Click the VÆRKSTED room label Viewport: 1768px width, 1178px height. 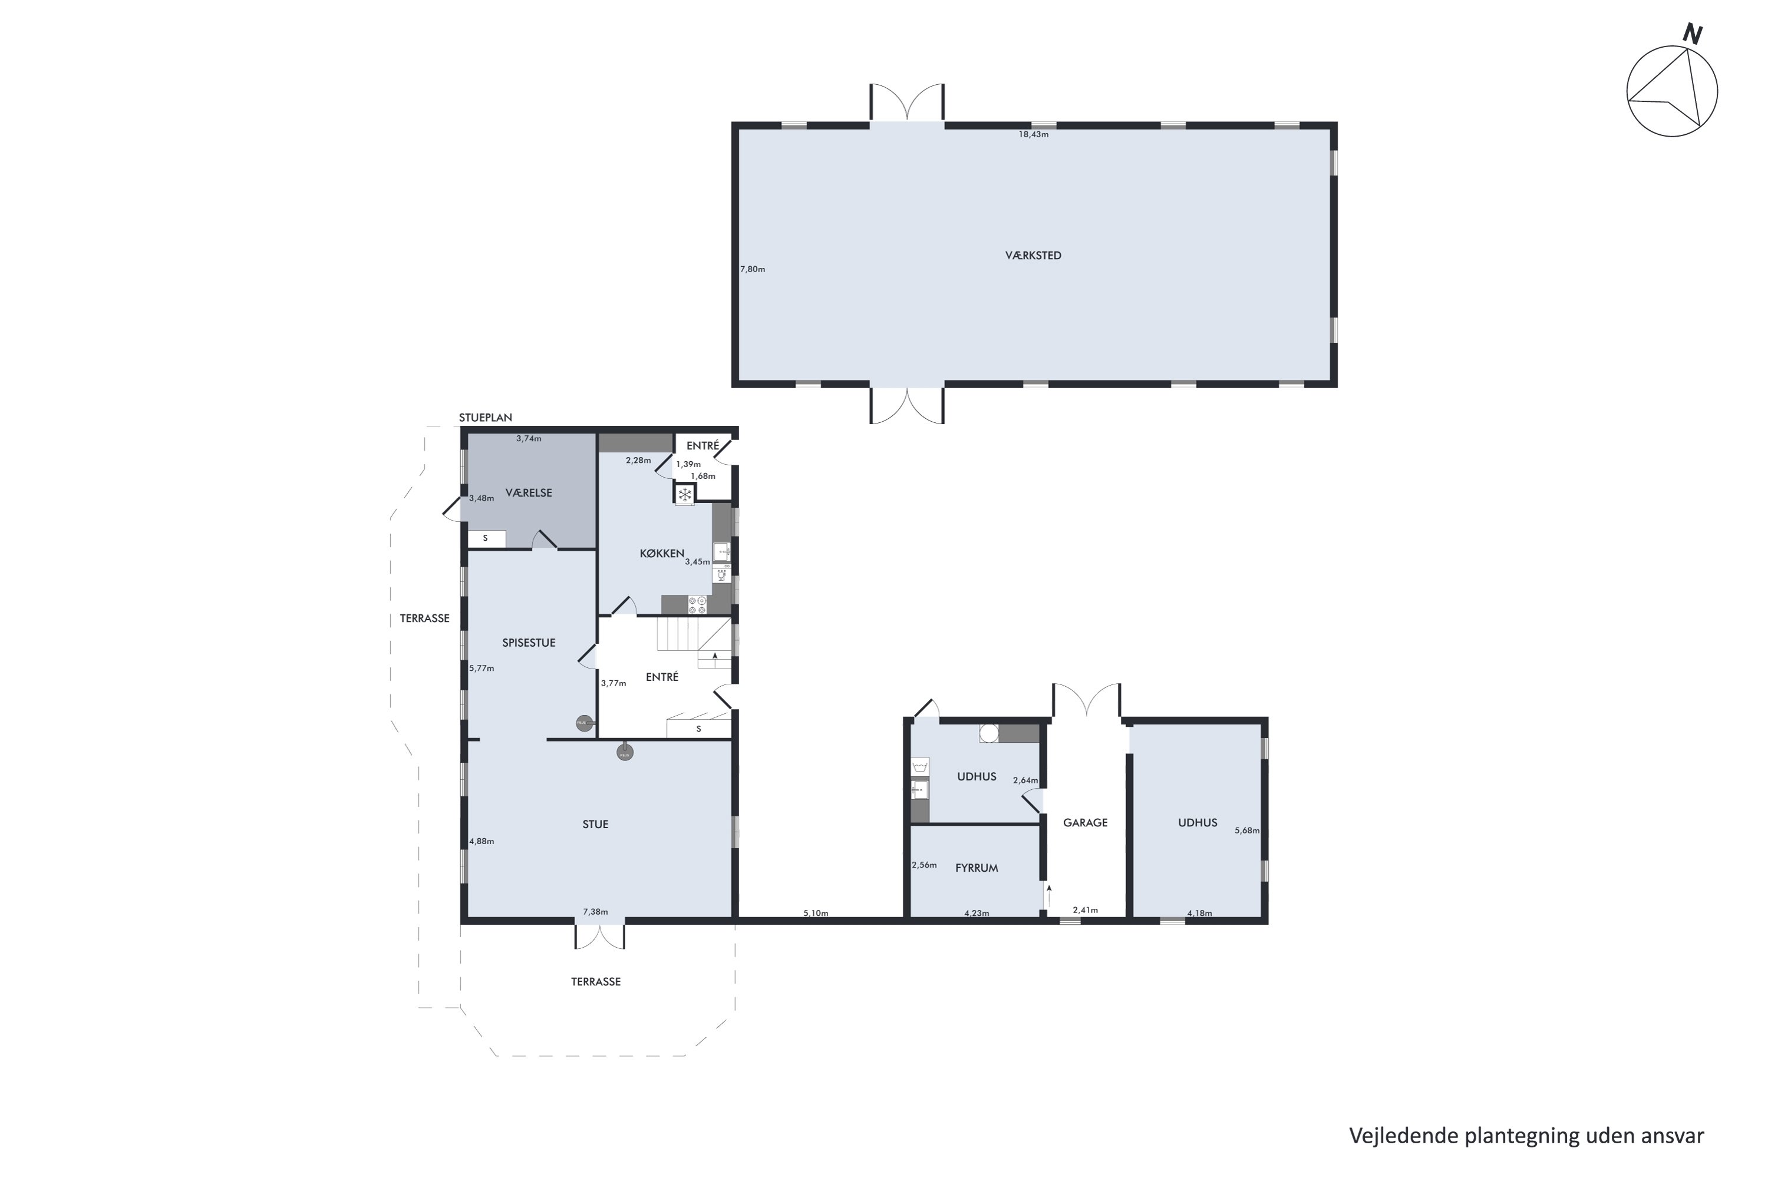[x=1033, y=256]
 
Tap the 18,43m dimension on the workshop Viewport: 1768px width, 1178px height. [x=1033, y=134]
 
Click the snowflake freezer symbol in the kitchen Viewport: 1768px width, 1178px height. [x=684, y=494]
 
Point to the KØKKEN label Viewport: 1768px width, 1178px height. [x=661, y=554]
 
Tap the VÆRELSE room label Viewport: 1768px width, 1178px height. [x=529, y=493]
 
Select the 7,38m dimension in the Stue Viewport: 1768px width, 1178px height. [x=595, y=912]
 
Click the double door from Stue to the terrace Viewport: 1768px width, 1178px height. [x=599, y=935]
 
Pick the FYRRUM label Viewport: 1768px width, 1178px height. [x=976, y=868]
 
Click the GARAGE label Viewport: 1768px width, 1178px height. [x=1085, y=823]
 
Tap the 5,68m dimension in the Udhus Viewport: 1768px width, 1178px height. [x=1246, y=831]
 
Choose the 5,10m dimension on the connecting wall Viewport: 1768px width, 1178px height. [x=815, y=914]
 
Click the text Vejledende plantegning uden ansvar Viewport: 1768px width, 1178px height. [x=1526, y=1135]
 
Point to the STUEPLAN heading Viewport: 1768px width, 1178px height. [x=486, y=418]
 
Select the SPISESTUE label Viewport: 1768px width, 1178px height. [x=529, y=643]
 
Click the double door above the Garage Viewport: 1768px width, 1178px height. [x=1086, y=700]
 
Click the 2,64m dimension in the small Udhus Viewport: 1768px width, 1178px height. [x=1025, y=780]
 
